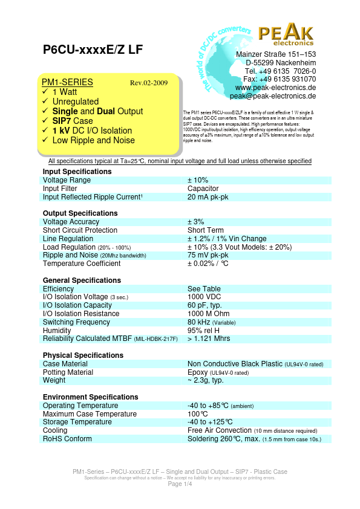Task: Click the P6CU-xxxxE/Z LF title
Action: coord(93,51)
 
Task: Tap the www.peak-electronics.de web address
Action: coord(275,88)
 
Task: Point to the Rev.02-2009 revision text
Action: coord(149,83)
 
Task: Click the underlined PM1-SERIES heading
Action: coord(67,82)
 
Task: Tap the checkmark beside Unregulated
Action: coord(45,102)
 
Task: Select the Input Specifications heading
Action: coord(77,172)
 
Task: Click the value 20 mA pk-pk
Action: coord(209,197)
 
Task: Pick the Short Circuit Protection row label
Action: coord(80,230)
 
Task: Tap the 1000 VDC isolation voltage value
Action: coord(205,297)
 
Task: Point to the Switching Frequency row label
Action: coord(76,322)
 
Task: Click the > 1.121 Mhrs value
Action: coord(209,339)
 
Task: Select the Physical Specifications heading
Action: coord(83,355)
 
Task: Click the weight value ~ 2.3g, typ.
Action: coord(206,381)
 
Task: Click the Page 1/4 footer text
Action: coord(180,484)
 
